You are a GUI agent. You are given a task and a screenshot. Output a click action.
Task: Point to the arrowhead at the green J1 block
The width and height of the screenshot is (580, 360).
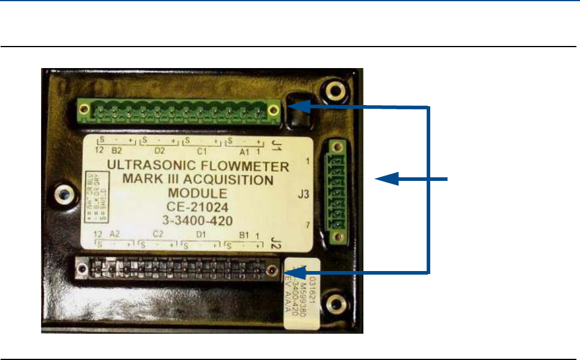pos(298,107)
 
